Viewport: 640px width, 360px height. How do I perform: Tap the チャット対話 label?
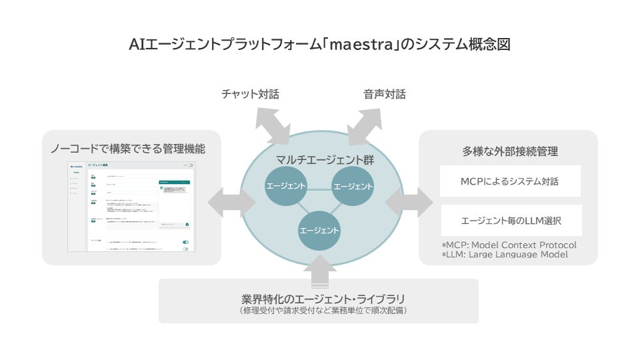pos(250,94)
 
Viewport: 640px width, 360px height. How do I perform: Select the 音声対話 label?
pos(385,94)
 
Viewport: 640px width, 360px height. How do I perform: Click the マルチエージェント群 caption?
pos(321,160)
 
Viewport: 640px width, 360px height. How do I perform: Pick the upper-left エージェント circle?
pos(285,186)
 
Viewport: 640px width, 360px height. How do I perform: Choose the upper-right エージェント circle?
pos(353,186)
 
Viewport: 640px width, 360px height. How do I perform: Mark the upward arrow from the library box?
pos(320,270)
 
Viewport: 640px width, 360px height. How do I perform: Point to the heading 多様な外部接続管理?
pos(510,151)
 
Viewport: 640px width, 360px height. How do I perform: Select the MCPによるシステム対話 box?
pos(510,181)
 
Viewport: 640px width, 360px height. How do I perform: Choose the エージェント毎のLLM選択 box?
pos(510,220)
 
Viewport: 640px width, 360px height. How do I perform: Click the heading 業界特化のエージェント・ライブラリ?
pos(323,298)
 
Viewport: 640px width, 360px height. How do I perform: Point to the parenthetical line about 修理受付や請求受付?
pos(323,311)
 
